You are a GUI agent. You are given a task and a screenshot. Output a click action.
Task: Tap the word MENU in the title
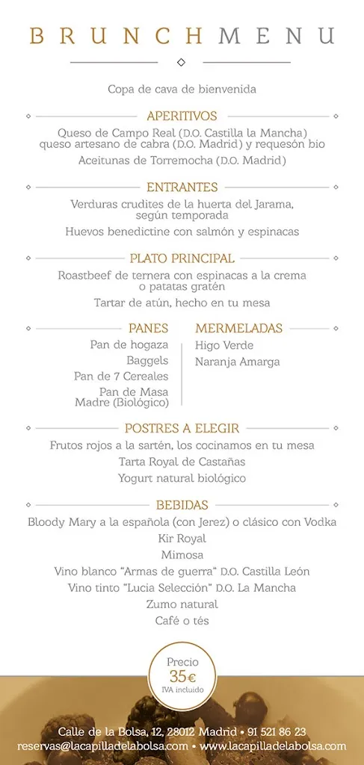(x=276, y=36)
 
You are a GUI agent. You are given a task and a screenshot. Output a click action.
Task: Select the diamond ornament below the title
(x=182, y=62)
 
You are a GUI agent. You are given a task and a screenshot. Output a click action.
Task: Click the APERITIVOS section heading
(x=182, y=116)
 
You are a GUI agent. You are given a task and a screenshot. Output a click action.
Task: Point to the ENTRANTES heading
(x=182, y=187)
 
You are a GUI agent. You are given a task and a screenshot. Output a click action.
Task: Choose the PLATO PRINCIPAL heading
(x=182, y=258)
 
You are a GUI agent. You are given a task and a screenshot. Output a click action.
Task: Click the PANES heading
(x=148, y=328)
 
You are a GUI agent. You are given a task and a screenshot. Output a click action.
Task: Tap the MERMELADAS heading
(x=238, y=328)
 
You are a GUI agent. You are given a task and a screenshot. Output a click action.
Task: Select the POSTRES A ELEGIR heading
(x=182, y=428)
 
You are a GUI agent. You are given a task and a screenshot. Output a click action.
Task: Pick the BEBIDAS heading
(x=182, y=505)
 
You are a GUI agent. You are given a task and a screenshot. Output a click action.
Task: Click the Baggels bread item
(x=147, y=360)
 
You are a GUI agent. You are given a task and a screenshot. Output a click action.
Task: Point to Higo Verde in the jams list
(x=224, y=345)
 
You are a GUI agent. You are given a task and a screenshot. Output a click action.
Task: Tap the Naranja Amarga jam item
(x=237, y=362)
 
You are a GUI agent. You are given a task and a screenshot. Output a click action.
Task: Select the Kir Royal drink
(x=182, y=538)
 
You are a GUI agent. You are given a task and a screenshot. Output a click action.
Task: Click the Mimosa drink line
(x=182, y=554)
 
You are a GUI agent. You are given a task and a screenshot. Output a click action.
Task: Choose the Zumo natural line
(x=182, y=604)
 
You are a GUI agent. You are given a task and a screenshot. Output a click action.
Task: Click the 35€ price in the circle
(x=182, y=677)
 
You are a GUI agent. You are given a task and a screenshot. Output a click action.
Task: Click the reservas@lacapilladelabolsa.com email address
(x=103, y=746)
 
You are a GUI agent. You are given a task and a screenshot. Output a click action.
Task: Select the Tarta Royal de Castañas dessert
(x=182, y=461)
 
